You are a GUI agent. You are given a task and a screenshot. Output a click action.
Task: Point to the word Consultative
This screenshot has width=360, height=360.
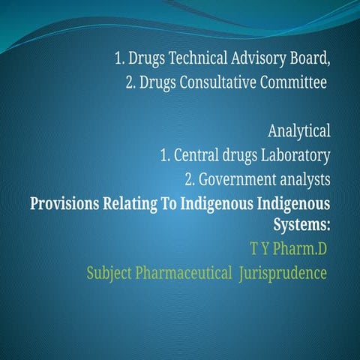[x=217, y=82]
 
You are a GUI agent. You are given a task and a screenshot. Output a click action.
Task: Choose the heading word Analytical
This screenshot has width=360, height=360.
[x=299, y=132]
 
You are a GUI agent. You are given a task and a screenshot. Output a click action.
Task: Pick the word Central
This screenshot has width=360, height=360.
[x=196, y=156]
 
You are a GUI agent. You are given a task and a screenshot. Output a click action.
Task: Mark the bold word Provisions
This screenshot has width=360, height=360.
[x=64, y=204]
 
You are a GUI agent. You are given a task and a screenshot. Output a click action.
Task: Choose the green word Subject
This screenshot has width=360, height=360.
[x=109, y=272]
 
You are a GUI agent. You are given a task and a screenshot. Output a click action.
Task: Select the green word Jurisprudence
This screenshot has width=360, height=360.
[x=283, y=272]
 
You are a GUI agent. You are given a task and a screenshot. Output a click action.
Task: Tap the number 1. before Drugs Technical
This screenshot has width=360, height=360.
[x=120, y=58]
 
